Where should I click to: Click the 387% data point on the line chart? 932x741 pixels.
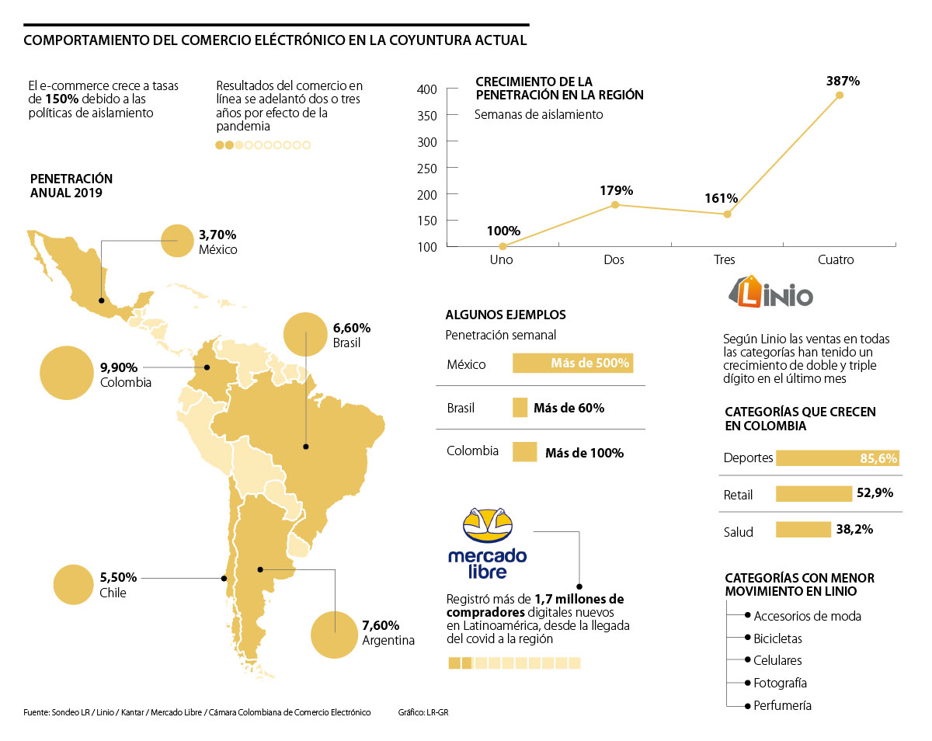tap(840, 95)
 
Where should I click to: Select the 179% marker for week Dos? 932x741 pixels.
tap(615, 204)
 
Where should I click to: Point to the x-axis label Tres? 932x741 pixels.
tap(724, 260)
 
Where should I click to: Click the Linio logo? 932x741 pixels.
tap(770, 291)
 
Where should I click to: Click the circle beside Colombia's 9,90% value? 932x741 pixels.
tap(67, 373)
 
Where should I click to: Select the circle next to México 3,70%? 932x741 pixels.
tap(176, 240)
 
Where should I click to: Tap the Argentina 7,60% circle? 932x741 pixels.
tap(334, 634)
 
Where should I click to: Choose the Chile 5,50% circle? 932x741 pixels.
tap(74, 584)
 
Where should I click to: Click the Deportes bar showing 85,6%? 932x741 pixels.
tap(838, 458)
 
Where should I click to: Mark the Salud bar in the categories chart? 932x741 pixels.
tap(803, 530)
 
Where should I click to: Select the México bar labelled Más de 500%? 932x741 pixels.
tap(572, 364)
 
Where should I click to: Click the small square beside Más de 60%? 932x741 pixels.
tap(520, 408)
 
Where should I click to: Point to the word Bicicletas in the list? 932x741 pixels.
tap(777, 638)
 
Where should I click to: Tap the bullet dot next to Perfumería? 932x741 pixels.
tap(746, 705)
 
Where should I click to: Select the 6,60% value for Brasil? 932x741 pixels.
tap(352, 329)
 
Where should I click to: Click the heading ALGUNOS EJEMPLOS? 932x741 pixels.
tap(506, 315)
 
